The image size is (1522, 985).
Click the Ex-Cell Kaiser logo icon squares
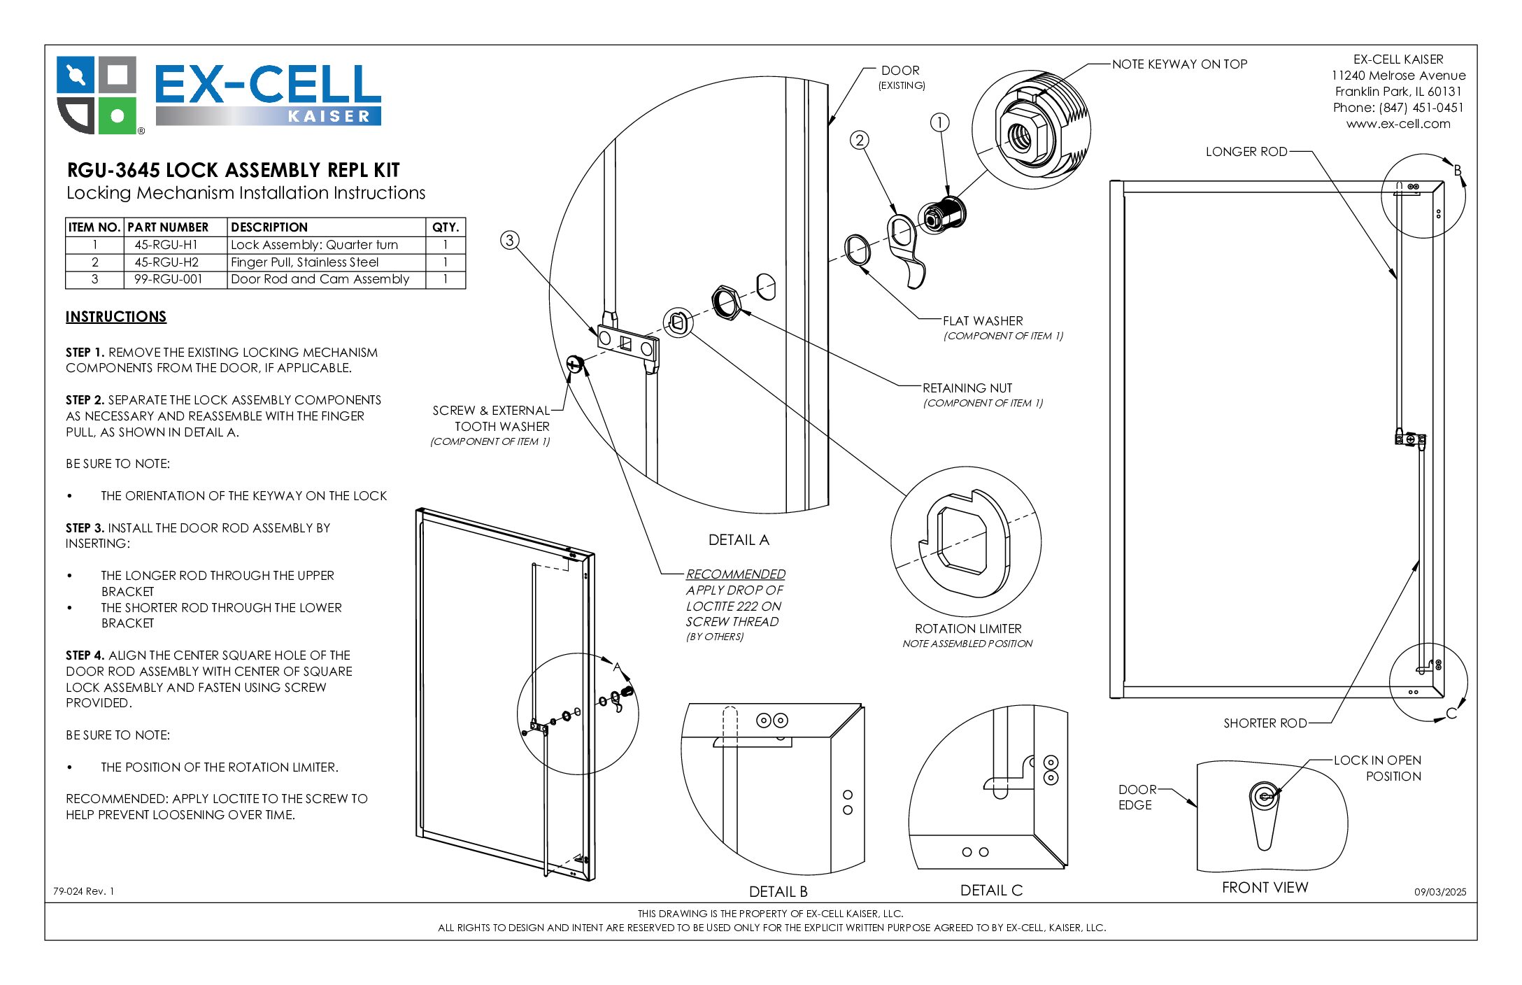point(97,95)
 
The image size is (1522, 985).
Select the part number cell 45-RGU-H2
point(166,262)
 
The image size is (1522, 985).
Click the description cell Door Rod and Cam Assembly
point(320,279)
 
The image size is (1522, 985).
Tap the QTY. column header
point(445,227)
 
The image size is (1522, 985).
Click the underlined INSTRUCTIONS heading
point(116,317)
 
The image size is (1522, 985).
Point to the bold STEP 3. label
point(85,528)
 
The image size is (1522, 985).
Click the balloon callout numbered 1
point(939,122)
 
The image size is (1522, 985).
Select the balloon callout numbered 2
point(860,140)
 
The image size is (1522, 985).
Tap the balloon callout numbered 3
point(510,240)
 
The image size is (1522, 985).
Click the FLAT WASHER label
point(982,321)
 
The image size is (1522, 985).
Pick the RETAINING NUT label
point(967,388)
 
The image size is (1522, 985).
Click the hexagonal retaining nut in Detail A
point(726,302)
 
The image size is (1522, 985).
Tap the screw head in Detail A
point(574,364)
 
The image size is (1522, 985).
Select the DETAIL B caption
point(778,891)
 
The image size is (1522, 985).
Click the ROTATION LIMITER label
point(968,629)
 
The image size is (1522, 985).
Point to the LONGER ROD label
point(1246,152)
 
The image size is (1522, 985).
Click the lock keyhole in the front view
point(1265,795)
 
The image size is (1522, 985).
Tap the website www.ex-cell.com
point(1397,124)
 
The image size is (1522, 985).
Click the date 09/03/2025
point(1439,892)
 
